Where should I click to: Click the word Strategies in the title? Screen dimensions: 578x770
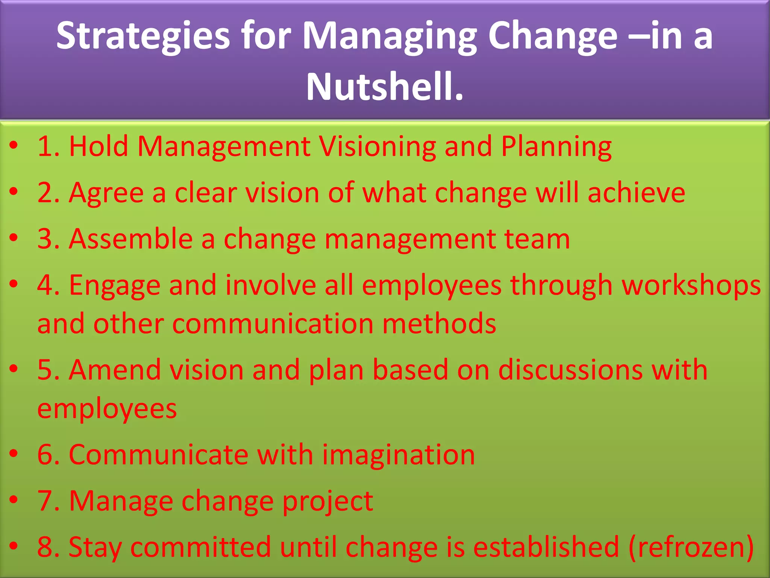143,36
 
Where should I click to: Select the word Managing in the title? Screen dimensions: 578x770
390,36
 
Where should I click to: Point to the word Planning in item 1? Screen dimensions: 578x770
556,147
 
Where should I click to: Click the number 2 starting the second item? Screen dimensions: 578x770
45,193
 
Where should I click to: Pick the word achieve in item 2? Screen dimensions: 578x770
636,193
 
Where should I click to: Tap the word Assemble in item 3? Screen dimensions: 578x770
131,239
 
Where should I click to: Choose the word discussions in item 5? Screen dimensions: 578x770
571,370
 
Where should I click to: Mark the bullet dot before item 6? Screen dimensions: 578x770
14,454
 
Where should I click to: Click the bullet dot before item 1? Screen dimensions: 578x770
14,145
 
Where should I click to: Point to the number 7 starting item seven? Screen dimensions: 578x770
45,501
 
